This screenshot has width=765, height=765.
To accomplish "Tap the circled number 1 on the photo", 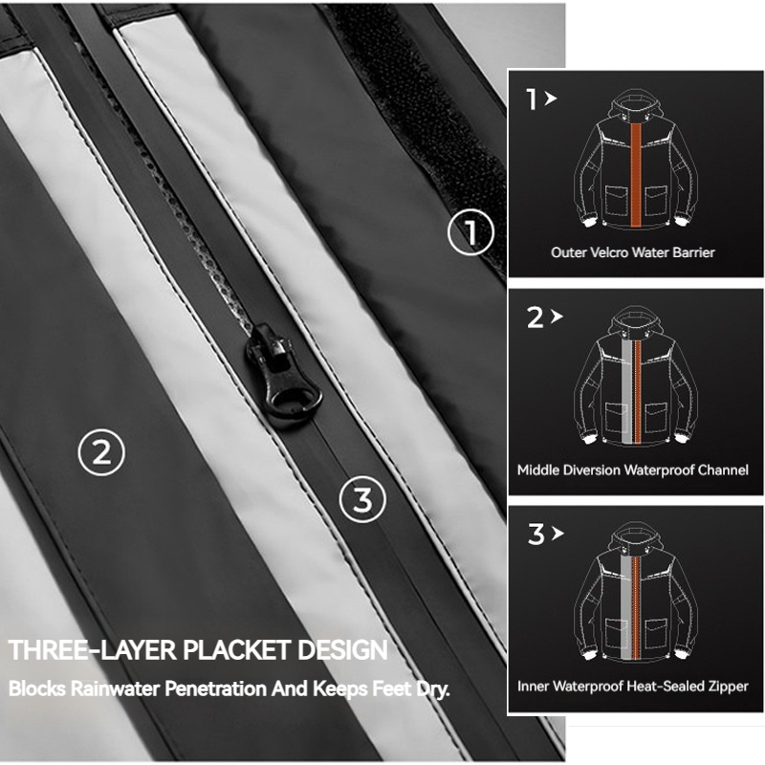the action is [x=470, y=231].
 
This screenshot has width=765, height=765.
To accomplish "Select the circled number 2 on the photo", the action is [x=101, y=452].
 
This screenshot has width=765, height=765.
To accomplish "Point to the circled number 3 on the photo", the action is [x=362, y=499].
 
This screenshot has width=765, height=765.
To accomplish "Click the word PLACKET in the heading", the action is [x=236, y=650].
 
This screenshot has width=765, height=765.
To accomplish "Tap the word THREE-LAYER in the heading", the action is [x=92, y=650].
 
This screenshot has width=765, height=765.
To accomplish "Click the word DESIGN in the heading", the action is [x=342, y=650].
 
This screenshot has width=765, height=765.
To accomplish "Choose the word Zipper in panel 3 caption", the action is [x=730, y=687].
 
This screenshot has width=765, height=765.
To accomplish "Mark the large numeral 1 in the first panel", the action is [x=532, y=99].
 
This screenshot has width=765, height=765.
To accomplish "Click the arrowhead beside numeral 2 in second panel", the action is [x=557, y=317].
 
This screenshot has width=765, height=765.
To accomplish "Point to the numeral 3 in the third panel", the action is [x=535, y=534].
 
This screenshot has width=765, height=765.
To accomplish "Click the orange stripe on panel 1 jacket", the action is [x=635, y=176].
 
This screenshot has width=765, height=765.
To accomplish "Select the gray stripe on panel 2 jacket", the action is [x=626, y=392].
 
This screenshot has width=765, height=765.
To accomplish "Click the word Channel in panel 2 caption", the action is [x=724, y=470].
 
